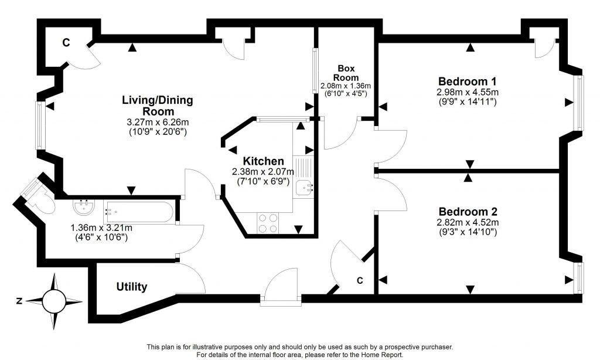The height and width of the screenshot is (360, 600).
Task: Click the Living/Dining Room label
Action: pyautogui.click(x=157, y=106)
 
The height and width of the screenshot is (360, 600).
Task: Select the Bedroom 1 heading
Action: pyautogui.click(x=468, y=81)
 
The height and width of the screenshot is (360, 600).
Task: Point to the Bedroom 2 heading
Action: pyautogui.click(x=468, y=211)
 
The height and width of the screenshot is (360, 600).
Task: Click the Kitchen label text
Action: pyautogui.click(x=264, y=161)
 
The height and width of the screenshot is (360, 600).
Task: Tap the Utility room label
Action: pyautogui.click(x=131, y=287)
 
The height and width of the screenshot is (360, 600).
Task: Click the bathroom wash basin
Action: pyautogui.click(x=84, y=208)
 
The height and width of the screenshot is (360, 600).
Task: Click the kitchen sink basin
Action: pyautogui.click(x=304, y=188)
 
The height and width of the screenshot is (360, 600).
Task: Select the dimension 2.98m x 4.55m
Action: pyautogui.click(x=468, y=92)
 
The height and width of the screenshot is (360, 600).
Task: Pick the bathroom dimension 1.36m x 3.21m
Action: pyautogui.click(x=101, y=228)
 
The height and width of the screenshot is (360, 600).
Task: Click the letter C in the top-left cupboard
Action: pyautogui.click(x=66, y=43)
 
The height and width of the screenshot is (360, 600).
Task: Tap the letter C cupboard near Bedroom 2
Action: pyautogui.click(x=360, y=281)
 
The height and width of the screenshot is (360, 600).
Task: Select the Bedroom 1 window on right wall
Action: pyautogui.click(x=579, y=103)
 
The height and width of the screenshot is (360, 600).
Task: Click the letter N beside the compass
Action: pyautogui.click(x=19, y=301)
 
